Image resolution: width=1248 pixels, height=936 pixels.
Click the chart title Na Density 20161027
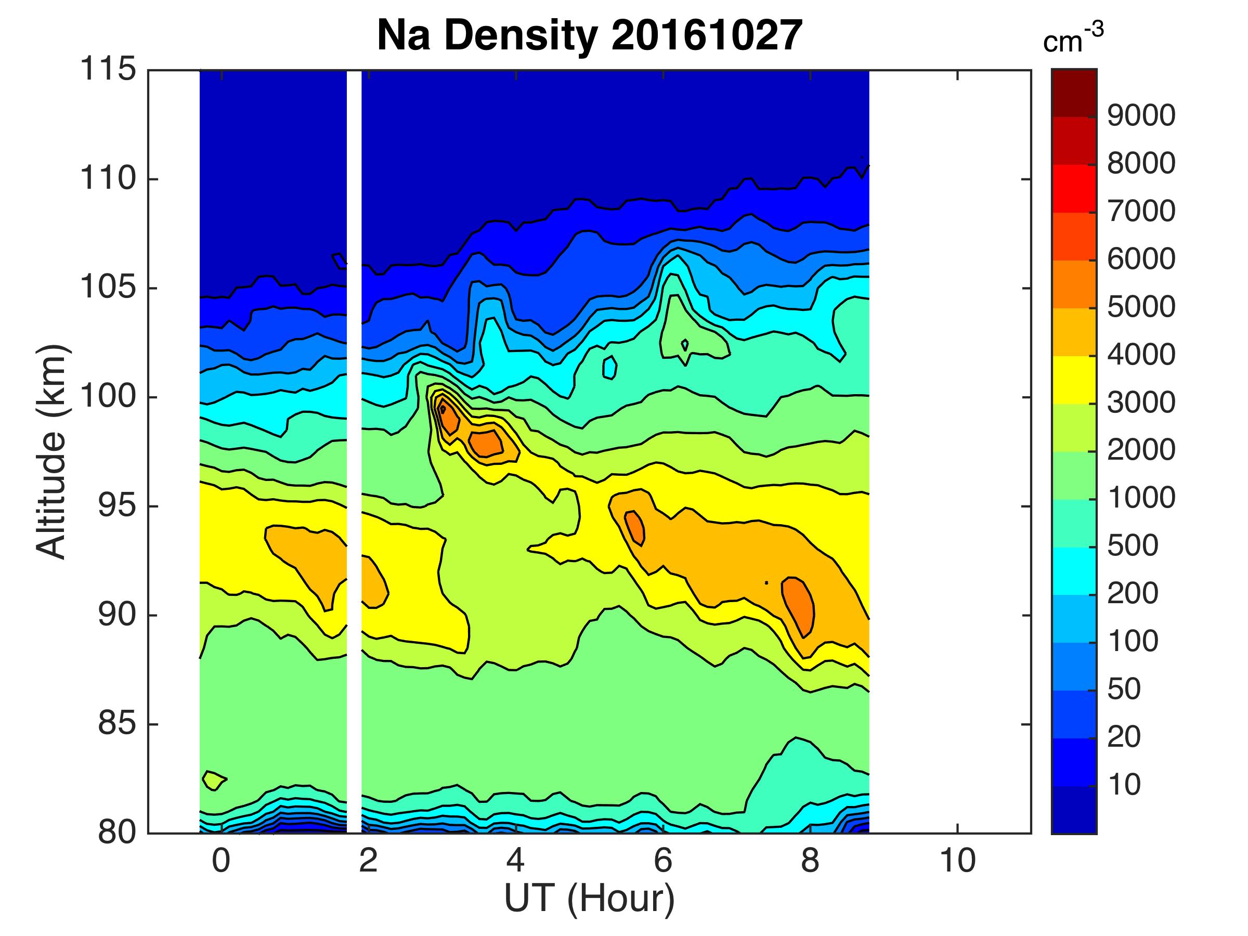589,35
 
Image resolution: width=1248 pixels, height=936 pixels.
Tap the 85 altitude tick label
117,724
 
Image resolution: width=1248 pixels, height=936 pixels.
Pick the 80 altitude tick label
117,833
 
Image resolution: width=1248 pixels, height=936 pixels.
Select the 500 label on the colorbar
1133,545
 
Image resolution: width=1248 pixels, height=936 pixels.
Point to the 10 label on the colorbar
1124,784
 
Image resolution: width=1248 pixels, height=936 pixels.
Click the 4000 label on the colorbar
1141,355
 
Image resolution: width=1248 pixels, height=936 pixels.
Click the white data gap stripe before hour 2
354,451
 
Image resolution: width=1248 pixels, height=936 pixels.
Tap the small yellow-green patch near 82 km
213,781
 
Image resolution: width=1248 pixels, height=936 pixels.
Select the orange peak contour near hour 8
798,606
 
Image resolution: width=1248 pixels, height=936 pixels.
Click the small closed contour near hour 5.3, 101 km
609,368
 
